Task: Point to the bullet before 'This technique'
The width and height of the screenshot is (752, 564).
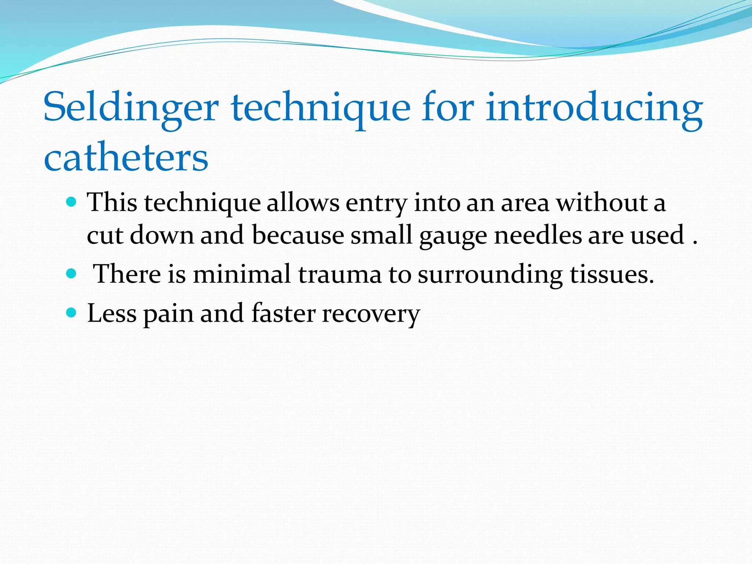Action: [71, 202]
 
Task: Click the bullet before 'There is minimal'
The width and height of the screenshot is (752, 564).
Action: [71, 274]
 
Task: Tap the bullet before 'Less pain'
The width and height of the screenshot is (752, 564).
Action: [71, 313]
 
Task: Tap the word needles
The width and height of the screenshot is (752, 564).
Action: [538, 235]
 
